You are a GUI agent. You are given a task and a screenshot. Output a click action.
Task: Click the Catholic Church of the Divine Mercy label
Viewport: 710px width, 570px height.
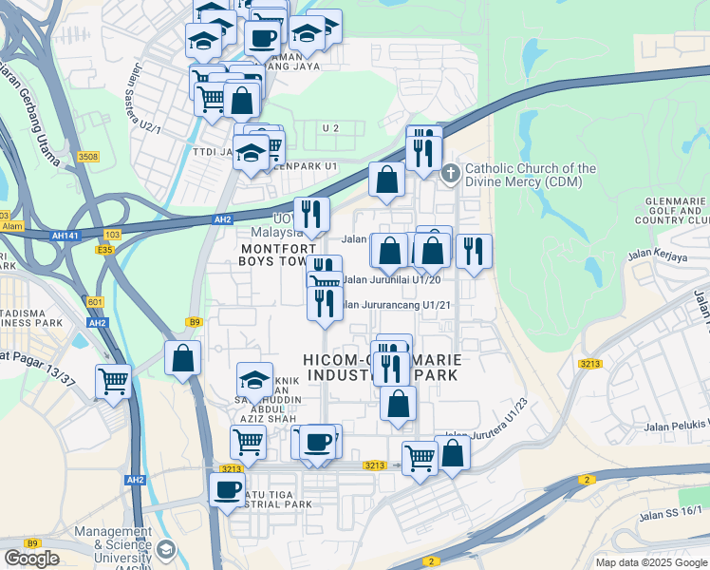tap(531, 175)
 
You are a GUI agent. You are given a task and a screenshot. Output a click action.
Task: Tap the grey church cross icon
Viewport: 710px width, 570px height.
tap(451, 172)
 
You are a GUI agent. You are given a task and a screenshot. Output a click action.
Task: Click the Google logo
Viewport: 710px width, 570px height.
tap(31, 559)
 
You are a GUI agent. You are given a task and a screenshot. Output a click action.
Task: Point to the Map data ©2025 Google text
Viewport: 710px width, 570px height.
tap(650, 562)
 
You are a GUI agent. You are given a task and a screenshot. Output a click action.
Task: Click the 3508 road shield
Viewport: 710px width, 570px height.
tap(88, 156)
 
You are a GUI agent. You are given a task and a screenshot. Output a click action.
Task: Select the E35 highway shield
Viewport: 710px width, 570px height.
tap(105, 250)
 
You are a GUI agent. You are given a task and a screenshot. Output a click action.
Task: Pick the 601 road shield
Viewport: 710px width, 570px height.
tap(96, 302)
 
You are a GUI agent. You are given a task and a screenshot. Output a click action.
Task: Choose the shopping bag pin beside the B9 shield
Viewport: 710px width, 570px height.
tap(182, 358)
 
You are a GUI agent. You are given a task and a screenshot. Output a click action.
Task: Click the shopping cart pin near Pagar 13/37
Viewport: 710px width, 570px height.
tap(113, 382)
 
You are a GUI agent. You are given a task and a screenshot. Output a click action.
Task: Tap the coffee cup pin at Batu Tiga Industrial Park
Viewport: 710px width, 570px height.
tap(227, 490)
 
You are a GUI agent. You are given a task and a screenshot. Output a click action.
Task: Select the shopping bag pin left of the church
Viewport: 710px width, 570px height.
tap(386, 178)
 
